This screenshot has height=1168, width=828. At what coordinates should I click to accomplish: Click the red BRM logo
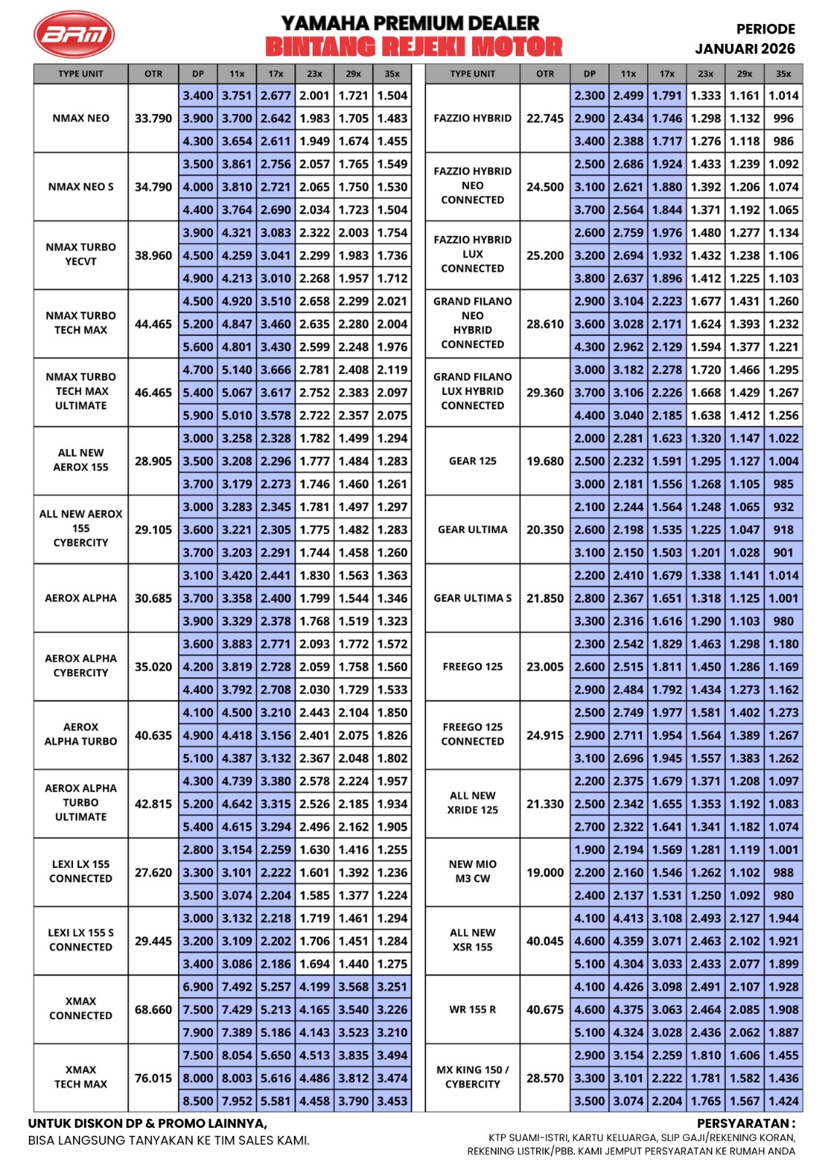74,34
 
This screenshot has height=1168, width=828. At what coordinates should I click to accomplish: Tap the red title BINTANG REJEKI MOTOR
414,47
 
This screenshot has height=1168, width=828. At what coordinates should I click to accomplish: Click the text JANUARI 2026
744,49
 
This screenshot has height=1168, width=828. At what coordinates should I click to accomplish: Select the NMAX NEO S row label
81,187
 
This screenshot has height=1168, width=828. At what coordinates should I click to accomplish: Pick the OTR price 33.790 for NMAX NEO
153,118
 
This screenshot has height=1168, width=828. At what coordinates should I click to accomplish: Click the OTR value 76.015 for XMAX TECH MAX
153,1078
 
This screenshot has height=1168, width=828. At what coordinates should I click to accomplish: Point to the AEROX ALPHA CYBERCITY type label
81,666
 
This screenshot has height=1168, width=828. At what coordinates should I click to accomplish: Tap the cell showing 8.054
236,1056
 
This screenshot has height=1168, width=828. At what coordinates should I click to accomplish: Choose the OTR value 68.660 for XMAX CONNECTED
153,1010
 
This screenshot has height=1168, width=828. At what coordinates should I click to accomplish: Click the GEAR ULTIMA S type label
473,598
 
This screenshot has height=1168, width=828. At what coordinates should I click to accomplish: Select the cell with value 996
783,118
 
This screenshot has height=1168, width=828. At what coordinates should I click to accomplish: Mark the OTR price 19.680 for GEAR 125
545,461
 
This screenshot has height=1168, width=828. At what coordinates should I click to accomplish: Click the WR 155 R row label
473,1010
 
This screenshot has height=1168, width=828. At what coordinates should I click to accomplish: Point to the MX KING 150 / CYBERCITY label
473,1077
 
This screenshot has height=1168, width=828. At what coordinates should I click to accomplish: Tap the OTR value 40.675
545,1010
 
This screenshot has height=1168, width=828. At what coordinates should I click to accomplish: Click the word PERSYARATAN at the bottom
745,1123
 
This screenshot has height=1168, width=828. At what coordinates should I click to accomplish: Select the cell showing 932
783,507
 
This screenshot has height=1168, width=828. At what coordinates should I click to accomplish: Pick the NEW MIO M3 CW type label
473,871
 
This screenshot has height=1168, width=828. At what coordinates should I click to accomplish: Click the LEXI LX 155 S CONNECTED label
81,940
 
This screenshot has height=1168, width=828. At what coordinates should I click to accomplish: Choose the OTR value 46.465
153,393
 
